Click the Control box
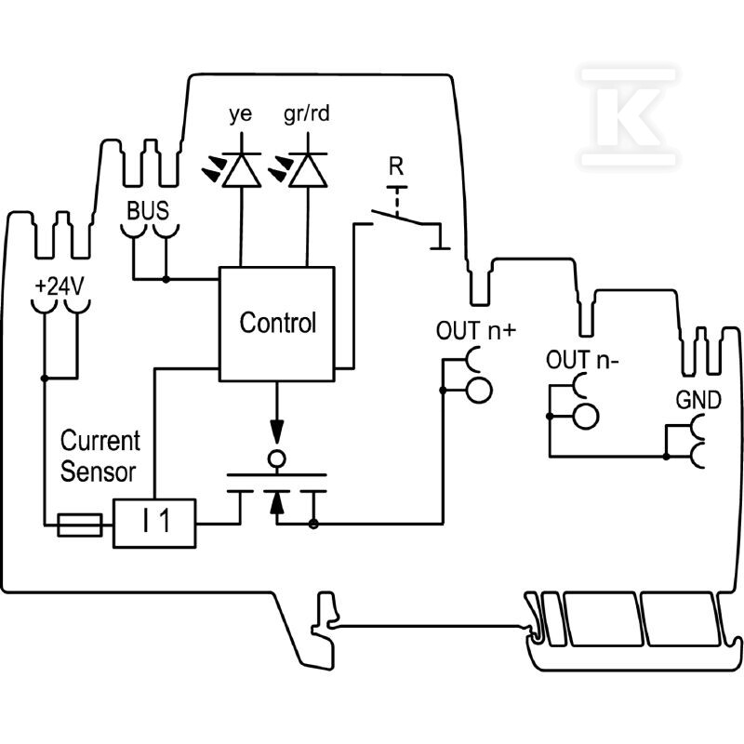click(276, 324)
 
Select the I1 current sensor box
click(154, 524)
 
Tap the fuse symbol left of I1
click(80, 525)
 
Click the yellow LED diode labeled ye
click(242, 170)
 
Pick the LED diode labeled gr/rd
click(308, 170)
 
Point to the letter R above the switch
click(396, 166)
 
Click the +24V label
click(60, 286)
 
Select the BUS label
click(148, 211)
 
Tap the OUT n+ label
click(475, 330)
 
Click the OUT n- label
click(582, 360)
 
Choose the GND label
click(698, 400)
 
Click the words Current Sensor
click(100, 456)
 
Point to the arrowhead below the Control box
click(277, 432)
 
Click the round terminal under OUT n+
click(479, 390)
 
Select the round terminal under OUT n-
click(586, 417)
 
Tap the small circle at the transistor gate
click(277, 458)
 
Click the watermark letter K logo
click(627, 117)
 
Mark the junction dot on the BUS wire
click(166, 280)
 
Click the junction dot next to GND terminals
click(666, 457)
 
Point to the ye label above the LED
click(241, 114)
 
